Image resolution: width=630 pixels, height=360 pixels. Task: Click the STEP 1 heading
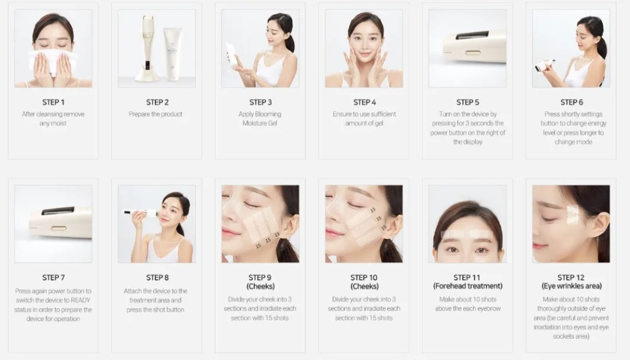(53, 102)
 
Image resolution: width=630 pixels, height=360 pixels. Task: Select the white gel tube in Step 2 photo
(172, 54)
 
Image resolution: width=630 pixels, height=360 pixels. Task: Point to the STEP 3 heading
(261, 102)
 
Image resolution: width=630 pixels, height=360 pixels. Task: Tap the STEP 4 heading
(364, 102)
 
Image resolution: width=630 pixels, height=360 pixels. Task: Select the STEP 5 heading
(468, 102)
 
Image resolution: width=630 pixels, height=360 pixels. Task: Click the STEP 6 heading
(571, 102)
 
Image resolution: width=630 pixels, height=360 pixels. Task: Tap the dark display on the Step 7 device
(58, 210)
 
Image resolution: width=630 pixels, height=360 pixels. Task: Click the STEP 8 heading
(157, 277)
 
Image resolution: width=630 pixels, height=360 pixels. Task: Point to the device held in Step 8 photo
(139, 212)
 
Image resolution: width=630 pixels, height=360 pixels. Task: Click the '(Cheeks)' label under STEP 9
(261, 286)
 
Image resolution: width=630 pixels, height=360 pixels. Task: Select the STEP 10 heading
(364, 277)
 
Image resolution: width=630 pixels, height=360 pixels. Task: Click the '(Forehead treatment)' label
(468, 286)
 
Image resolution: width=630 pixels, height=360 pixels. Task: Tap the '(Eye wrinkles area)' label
(571, 286)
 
